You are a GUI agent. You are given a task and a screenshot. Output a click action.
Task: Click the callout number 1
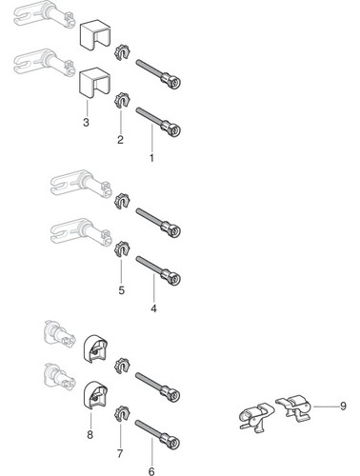(x=151, y=158)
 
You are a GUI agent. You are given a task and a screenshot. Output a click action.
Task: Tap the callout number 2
(x=120, y=140)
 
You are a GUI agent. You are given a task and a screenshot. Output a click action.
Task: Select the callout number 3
(x=86, y=122)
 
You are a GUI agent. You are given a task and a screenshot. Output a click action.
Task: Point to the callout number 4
(x=153, y=308)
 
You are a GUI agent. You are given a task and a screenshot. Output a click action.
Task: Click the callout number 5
(x=122, y=290)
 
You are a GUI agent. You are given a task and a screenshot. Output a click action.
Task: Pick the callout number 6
(x=151, y=471)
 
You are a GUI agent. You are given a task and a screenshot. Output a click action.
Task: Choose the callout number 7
(x=120, y=454)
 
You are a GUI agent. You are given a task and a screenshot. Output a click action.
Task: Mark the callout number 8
(x=90, y=435)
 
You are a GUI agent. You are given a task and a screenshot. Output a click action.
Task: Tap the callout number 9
(x=343, y=406)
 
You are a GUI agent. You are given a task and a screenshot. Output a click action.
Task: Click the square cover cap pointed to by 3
(x=94, y=82)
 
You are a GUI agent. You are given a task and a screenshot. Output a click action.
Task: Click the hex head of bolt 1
(x=175, y=130)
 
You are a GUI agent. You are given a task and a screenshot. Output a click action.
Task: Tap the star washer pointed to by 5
(x=122, y=248)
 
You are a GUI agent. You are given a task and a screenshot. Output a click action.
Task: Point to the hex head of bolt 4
(x=175, y=279)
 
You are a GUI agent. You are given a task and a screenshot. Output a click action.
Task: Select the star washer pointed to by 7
(x=122, y=413)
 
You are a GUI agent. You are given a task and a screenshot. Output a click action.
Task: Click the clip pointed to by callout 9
(x=293, y=407)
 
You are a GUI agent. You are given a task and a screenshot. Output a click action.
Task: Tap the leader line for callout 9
(x=325, y=407)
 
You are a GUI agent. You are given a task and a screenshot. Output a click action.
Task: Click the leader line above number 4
(x=153, y=288)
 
